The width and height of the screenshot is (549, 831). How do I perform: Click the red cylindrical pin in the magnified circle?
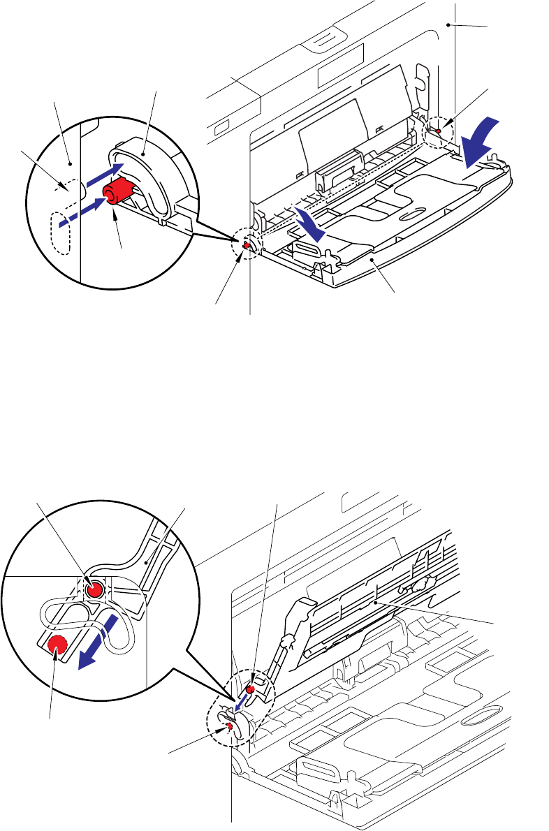[x=118, y=191]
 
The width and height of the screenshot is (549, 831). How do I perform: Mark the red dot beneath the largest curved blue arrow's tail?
[x=438, y=130]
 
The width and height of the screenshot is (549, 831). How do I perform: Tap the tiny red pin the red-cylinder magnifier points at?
[x=247, y=246]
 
